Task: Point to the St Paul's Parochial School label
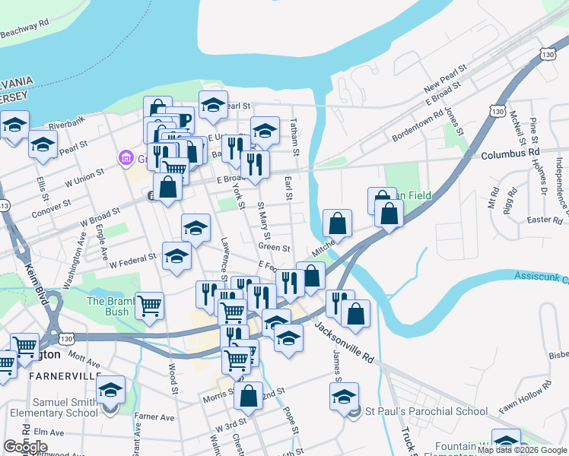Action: click(426, 412)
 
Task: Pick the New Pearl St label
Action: click(443, 79)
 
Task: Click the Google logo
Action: click(25, 447)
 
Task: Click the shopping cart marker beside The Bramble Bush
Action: click(149, 306)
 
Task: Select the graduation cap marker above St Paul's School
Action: click(344, 395)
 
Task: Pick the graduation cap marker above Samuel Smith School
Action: click(111, 389)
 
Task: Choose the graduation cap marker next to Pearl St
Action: click(214, 105)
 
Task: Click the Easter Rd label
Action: click(543, 220)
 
